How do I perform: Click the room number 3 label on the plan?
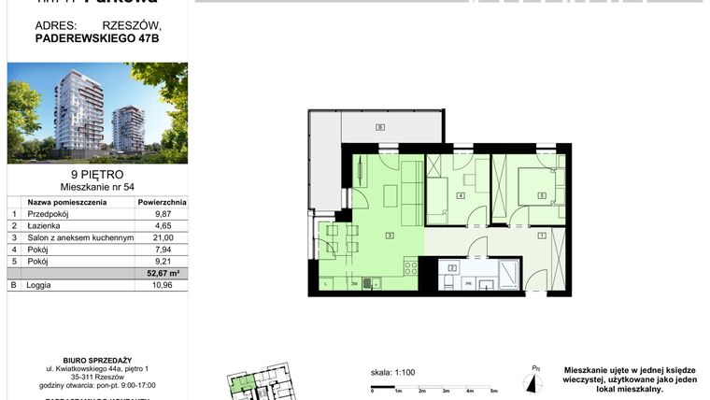click(388, 236)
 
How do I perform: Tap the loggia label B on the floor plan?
click(379, 127)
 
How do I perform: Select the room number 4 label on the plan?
click(461, 195)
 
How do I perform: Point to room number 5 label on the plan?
click(541, 195)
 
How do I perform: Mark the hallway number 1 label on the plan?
click(541, 236)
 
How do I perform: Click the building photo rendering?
click(97, 112)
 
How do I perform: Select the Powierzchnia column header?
click(162, 201)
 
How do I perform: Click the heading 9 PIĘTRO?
click(97, 174)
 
